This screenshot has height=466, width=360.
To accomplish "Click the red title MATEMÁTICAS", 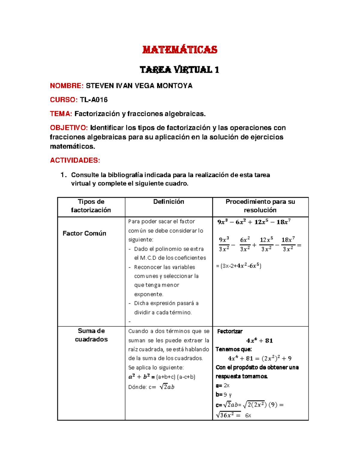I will [x=179, y=50].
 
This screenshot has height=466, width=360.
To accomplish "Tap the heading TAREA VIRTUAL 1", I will [x=179, y=70].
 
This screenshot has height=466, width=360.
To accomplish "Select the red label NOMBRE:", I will [x=67, y=86].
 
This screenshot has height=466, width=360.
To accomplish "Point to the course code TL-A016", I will [x=94, y=100].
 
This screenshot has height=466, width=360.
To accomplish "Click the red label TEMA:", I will [x=61, y=114].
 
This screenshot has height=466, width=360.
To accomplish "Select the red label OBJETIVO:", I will [x=69, y=128].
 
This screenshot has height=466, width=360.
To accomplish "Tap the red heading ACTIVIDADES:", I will [x=75, y=160].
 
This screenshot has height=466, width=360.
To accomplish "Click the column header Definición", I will [x=169, y=202].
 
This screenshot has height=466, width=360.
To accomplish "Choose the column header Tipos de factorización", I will [x=91, y=206].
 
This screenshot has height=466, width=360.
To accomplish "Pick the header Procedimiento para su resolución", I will [x=260, y=206].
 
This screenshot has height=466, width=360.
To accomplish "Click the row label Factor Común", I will [x=84, y=233].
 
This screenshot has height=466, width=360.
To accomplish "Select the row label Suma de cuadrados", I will [x=91, y=335].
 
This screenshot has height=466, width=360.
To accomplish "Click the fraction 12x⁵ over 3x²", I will [x=266, y=244].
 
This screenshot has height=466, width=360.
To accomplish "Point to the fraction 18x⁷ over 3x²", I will [x=288, y=244].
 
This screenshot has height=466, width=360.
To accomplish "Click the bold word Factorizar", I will [x=230, y=331].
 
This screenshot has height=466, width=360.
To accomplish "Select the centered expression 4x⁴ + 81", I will [x=259, y=341].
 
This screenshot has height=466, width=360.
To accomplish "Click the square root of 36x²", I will [x=228, y=415].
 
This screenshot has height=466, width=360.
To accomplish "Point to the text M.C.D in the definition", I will [x=148, y=258].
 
